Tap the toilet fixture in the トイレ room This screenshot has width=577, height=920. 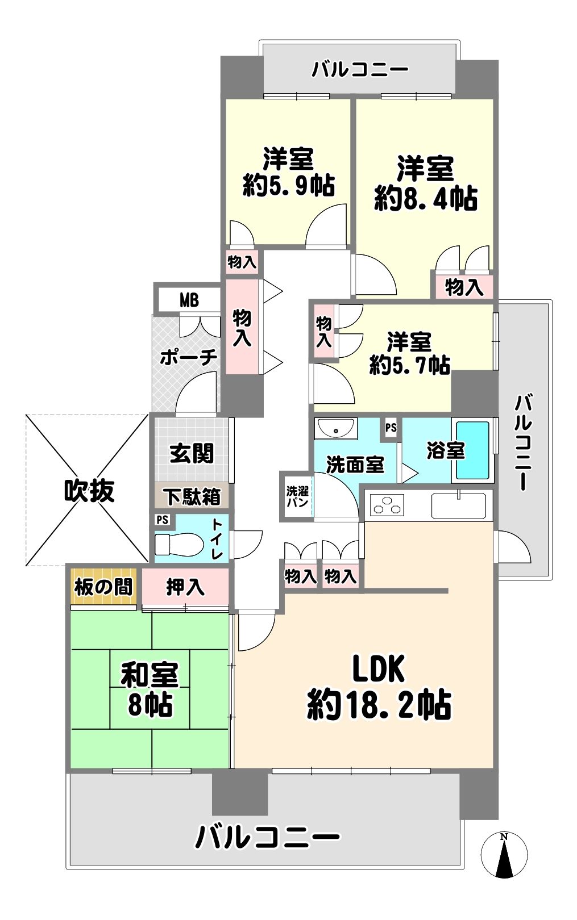[x=179, y=544]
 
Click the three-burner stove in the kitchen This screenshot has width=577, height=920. [x=387, y=505]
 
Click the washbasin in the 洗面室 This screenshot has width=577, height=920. [x=335, y=429]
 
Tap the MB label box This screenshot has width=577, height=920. [x=189, y=300]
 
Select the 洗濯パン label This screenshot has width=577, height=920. [x=297, y=496]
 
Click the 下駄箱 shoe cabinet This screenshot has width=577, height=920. [x=192, y=496]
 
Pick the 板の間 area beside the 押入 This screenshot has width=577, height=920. [x=103, y=587]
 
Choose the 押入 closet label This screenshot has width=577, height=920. [x=185, y=587]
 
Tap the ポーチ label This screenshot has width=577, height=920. [x=188, y=358]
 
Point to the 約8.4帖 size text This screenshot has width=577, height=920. [x=426, y=198]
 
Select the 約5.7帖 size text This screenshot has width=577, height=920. [x=410, y=364]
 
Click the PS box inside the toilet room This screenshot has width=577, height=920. [x=163, y=520]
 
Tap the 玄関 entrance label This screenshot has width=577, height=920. [x=192, y=454]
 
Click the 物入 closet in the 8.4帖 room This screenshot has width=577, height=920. [x=463, y=287]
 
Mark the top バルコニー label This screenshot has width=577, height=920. [x=360, y=69]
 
